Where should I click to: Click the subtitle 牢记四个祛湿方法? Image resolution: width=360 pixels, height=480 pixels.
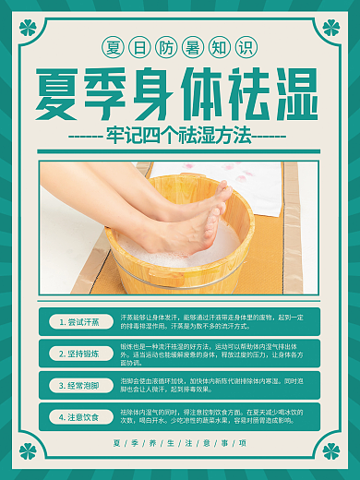coord(180,136)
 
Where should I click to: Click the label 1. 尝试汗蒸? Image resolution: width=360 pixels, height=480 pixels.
coord(78,322)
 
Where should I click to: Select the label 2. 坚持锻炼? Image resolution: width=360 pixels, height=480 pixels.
coord(78,354)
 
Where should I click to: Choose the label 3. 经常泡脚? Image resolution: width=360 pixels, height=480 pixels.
coord(78,385)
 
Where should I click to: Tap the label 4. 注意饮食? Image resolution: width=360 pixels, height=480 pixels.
coord(78,416)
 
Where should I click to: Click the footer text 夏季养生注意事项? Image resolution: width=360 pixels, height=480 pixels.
coord(180,443)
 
